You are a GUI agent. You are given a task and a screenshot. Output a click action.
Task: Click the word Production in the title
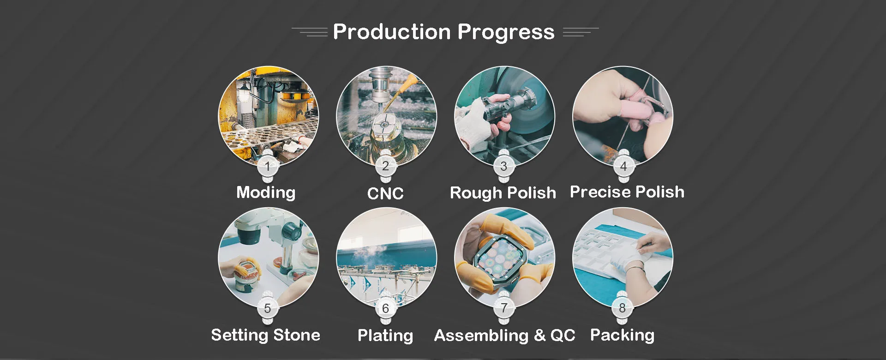tap(391, 32)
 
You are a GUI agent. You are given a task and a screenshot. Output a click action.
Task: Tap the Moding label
tap(266, 192)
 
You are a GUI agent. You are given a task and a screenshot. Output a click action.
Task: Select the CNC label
tap(385, 193)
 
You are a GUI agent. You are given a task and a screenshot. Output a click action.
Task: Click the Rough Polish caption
tap(503, 193)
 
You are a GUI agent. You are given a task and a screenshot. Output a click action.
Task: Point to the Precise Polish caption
tap(627, 192)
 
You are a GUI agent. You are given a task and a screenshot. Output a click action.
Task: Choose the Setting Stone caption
tap(266, 335)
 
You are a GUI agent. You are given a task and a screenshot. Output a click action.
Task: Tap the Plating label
tap(385, 336)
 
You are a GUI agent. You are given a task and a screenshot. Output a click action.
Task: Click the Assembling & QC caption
tap(505, 336)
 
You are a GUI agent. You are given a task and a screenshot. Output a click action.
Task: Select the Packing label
tap(623, 335)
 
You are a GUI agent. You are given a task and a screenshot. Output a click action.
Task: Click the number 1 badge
tap(268, 166)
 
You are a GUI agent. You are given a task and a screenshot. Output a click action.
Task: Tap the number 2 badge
tap(386, 166)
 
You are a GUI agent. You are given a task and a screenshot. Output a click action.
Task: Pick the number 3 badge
tap(504, 166)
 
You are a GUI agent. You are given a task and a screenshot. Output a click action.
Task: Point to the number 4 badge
tap(623, 166)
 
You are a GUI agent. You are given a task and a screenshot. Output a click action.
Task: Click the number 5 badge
tap(268, 308)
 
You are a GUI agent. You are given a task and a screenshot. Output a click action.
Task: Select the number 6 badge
tap(386, 308)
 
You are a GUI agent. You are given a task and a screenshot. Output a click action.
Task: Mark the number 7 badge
tap(504, 308)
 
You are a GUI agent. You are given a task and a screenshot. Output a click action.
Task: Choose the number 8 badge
tap(623, 308)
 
